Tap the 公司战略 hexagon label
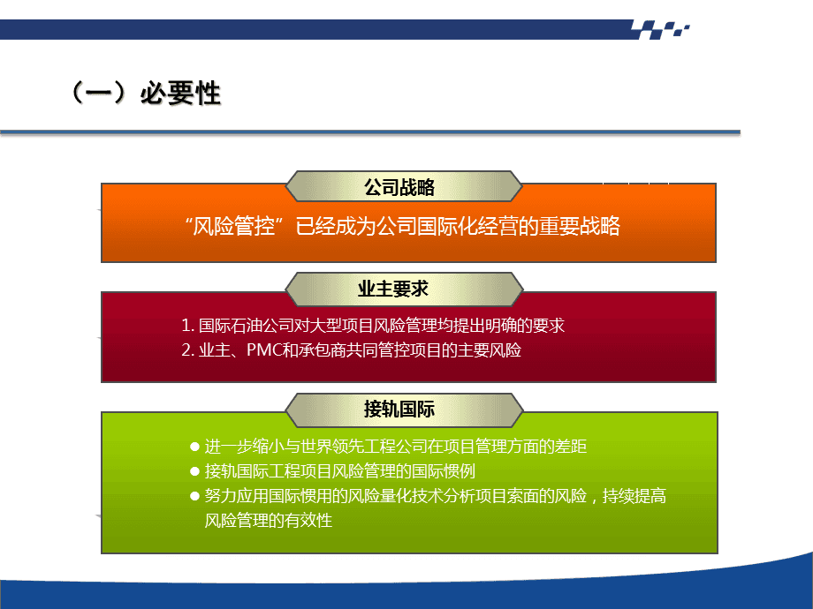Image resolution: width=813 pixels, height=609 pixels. coord(399,187)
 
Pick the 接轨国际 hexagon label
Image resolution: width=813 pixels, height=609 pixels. coord(399,410)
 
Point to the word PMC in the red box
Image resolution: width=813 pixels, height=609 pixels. coord(262,350)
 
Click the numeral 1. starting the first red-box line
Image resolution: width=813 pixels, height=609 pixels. coord(187,326)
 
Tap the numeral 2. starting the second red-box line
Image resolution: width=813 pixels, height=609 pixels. coord(187,350)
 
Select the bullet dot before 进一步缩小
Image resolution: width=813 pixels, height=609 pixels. coord(195,447)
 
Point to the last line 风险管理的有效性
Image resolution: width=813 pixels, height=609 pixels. coord(268,521)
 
